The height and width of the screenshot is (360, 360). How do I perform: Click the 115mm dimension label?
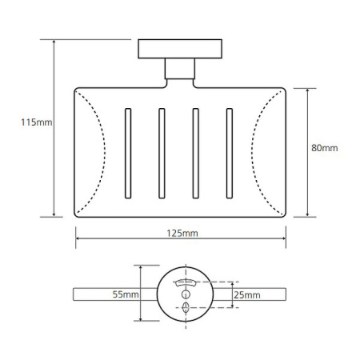(37, 122)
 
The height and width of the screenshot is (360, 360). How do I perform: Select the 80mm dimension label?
(325, 148)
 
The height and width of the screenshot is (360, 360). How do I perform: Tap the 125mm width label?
(182, 234)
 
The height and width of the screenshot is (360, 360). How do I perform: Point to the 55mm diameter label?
(126, 294)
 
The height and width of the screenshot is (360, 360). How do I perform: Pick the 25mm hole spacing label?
(247, 295)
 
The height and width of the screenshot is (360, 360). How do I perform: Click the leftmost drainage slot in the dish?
(128, 154)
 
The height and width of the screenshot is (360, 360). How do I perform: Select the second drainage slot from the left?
(162, 154)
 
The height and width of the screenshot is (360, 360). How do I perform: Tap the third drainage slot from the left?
(196, 154)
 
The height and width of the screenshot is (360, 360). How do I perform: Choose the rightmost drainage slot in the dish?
(230, 154)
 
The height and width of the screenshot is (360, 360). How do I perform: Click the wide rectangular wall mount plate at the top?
(180, 49)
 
